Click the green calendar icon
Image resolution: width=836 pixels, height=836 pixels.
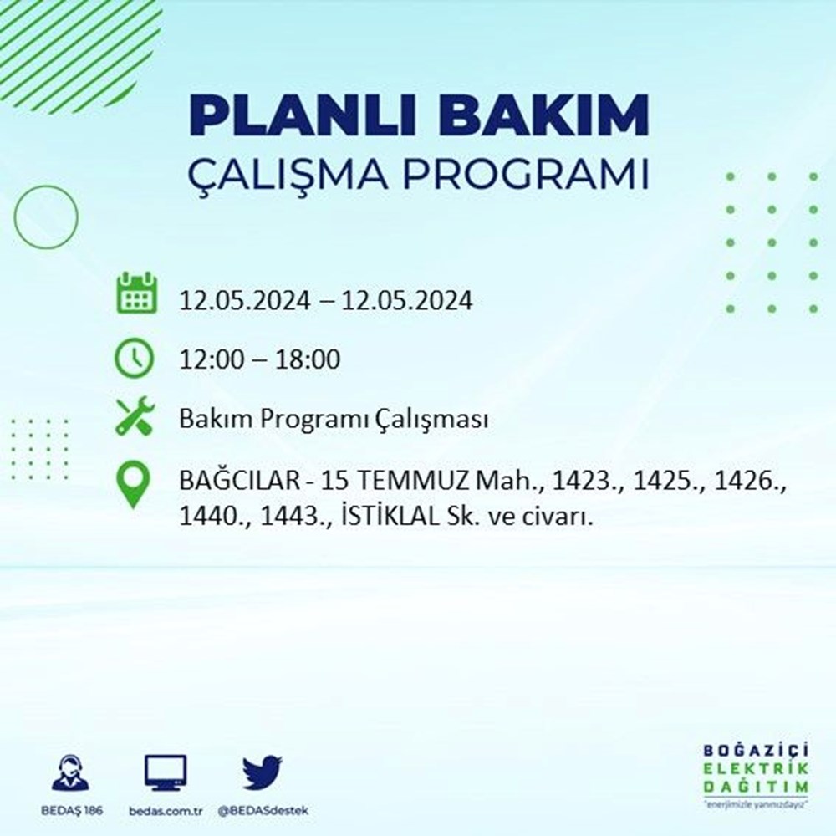click(135, 293)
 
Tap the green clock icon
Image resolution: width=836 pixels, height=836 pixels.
click(135, 359)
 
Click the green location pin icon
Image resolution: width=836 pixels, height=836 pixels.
click(135, 485)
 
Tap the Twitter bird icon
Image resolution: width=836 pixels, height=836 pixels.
click(263, 773)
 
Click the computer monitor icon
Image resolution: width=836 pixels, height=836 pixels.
click(165, 773)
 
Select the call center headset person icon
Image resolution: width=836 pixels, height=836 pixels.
click(71, 773)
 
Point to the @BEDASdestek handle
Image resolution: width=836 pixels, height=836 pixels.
click(263, 812)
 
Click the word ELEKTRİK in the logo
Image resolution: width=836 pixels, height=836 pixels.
click(756, 770)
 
